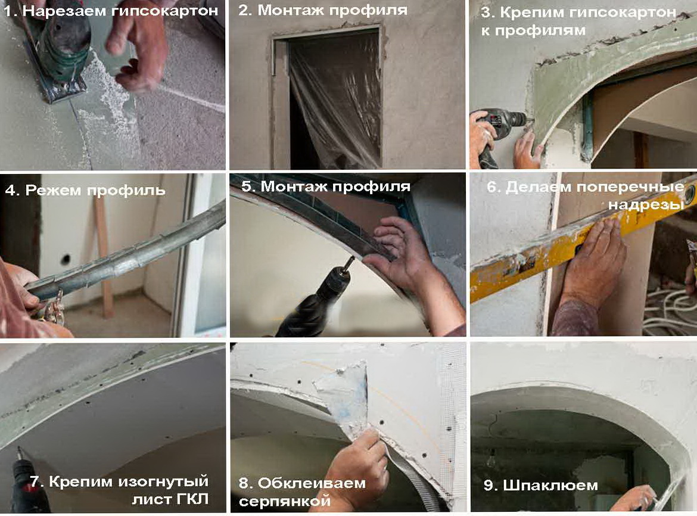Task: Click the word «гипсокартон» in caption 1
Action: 165,11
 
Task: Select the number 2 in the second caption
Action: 244,10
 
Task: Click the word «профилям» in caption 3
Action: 540,30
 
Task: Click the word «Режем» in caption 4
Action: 53,190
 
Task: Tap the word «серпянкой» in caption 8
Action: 285,501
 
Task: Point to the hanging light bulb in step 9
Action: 491,460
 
